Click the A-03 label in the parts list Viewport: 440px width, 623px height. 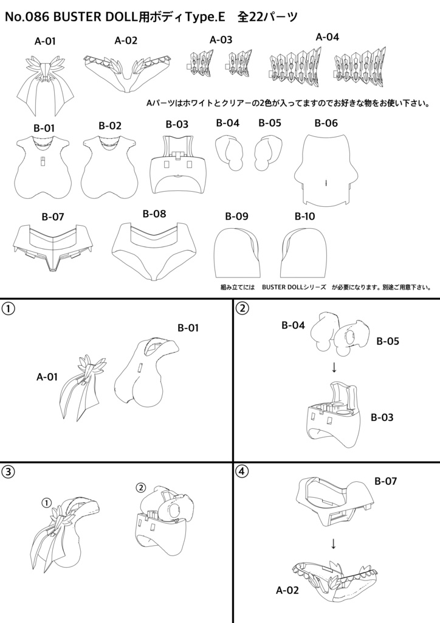(221, 40)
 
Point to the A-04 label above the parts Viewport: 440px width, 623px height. (327, 37)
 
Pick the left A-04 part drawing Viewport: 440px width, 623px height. (294, 67)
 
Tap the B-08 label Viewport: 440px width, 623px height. (154, 214)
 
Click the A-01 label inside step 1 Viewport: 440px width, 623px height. (47, 377)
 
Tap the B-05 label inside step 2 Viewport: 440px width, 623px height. (387, 341)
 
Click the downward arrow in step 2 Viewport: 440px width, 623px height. (334, 367)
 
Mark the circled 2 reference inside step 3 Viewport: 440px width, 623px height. (140, 487)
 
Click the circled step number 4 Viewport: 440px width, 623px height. (242, 471)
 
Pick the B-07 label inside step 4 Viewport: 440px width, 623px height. (386, 482)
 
